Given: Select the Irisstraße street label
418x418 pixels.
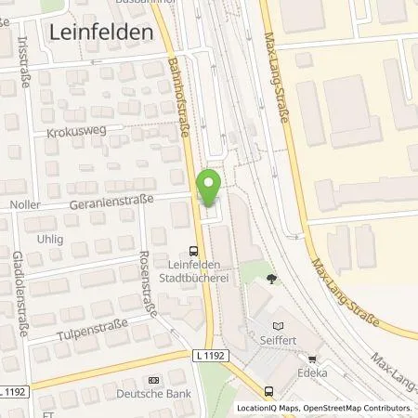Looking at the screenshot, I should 22,61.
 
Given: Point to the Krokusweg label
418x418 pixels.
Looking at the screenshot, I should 68,133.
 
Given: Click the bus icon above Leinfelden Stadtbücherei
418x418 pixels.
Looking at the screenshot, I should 192,249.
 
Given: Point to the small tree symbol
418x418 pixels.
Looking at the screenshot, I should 271,278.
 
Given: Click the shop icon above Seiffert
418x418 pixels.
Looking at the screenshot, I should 278,324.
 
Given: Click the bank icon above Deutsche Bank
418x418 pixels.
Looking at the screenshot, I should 153,380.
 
